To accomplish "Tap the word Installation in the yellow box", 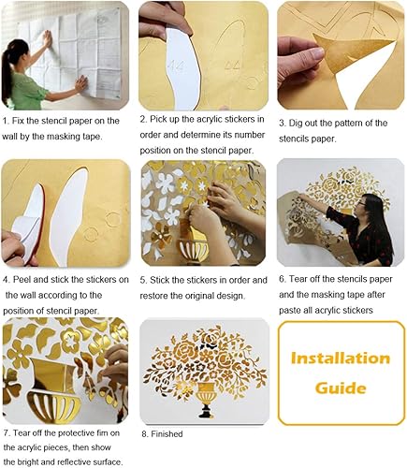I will tap(341, 358).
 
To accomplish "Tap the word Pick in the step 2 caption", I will tap(163, 120).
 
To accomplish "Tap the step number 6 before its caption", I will tap(282, 280).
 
